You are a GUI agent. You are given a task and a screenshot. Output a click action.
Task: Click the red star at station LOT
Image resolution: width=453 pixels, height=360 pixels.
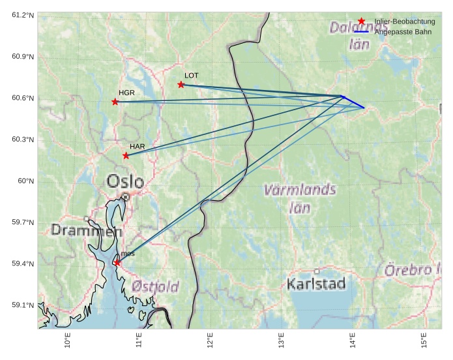coord(181,85)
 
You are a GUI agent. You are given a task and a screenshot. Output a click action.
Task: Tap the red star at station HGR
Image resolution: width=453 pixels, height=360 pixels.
coord(115,102)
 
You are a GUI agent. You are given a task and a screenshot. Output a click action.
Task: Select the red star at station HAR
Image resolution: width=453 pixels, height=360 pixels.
coord(126,155)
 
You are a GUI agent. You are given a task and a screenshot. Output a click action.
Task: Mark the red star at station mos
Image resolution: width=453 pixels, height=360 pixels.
coord(117,263)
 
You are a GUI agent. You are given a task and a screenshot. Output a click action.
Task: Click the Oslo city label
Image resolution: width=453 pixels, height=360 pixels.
coord(125,181)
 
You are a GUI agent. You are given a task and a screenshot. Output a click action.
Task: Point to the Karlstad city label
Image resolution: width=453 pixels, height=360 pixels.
coord(316,284)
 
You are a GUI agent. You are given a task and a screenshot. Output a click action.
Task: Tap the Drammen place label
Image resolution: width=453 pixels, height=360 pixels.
coord(86,230)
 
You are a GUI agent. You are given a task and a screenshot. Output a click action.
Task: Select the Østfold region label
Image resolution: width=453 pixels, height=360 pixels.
coord(154,286)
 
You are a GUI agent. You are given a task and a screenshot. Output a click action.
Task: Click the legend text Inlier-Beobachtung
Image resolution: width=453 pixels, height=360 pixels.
coord(405,22)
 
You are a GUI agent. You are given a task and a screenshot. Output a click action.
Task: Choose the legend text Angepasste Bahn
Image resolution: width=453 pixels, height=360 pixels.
coord(403,32)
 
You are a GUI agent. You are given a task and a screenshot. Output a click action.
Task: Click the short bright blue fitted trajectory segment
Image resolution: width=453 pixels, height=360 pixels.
coord(354,102)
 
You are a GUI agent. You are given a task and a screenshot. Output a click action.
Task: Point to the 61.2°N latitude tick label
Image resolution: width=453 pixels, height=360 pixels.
coord(23,15)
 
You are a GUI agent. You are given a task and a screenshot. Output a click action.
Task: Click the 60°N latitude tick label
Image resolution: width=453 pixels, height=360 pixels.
coord(26,181)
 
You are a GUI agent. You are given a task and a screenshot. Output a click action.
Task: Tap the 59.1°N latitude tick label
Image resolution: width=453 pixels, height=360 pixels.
coord(23,305)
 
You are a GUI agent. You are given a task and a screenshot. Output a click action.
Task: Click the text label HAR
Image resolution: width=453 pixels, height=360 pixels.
coord(137,146)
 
